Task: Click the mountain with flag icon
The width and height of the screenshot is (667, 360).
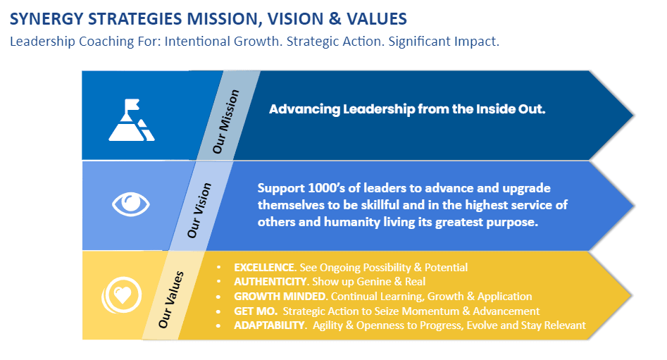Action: click(132, 120)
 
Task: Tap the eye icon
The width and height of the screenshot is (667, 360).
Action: click(130, 204)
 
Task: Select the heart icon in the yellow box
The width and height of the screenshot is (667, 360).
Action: click(122, 295)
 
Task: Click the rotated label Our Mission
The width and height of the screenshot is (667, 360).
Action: click(226, 121)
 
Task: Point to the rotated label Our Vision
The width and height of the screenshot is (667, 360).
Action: click(199, 210)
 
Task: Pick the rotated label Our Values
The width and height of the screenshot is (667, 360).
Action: click(171, 299)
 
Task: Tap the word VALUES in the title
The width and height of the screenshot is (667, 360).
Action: click(376, 19)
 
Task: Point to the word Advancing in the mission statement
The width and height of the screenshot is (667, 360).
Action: click(304, 109)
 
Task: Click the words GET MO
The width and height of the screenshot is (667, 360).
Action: click(256, 311)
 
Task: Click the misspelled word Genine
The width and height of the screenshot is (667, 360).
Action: click(374, 282)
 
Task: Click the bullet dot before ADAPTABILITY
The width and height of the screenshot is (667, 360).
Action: click(218, 325)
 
